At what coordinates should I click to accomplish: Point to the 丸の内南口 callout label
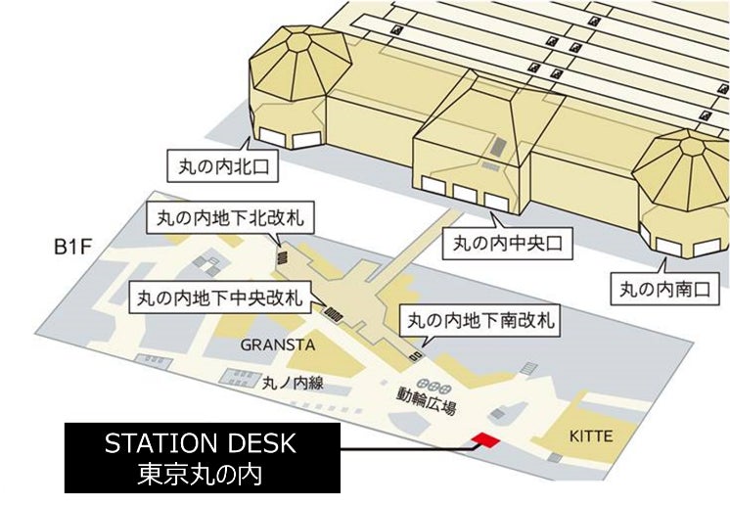(665, 289)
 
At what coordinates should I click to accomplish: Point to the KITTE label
(591, 436)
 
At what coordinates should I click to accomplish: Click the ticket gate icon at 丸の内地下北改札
(281, 256)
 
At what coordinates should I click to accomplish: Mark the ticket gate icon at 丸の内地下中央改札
(333, 314)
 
